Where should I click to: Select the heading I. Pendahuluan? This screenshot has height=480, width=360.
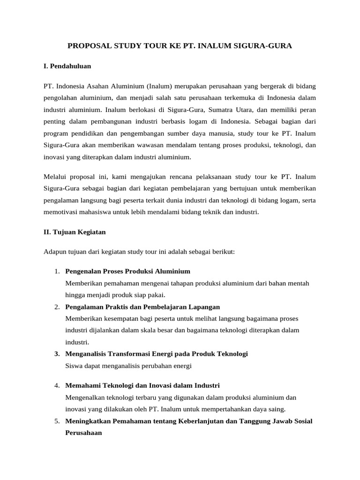(67, 66)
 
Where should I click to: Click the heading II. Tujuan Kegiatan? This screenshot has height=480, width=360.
(75, 232)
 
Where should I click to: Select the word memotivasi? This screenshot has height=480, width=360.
(61, 212)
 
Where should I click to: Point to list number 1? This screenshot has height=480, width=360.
(56, 271)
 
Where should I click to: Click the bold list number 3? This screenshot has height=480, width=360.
(56, 353)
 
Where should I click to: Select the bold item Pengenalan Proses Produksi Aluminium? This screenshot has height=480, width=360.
(127, 271)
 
